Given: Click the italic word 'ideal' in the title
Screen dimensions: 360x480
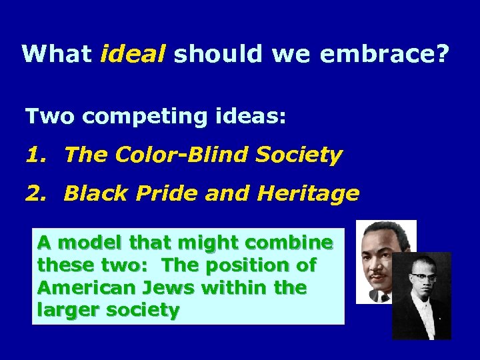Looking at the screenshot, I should [133, 53].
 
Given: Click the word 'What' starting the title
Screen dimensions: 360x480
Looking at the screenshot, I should [57, 53].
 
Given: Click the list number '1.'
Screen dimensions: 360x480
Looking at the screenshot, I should [37, 155].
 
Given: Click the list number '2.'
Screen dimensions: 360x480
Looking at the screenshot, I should [37, 194].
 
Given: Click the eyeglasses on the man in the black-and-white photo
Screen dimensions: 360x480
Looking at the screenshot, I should [421, 277].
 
